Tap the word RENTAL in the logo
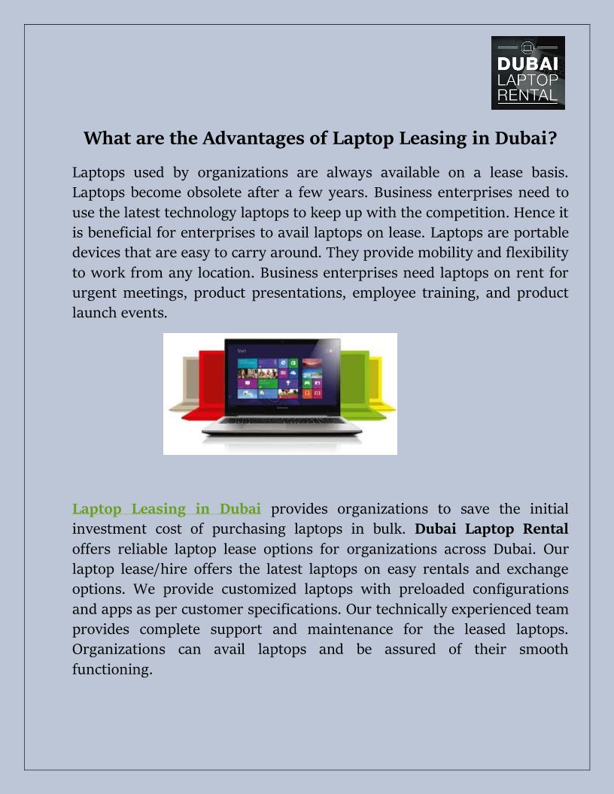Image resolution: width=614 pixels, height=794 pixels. [x=527, y=95]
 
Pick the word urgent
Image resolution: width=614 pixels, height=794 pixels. [x=95, y=292]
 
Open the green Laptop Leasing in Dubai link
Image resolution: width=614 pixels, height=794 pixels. [x=166, y=509]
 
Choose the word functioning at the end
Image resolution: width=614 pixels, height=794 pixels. [x=112, y=669]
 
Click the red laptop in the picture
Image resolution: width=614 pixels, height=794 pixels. [x=205, y=391]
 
